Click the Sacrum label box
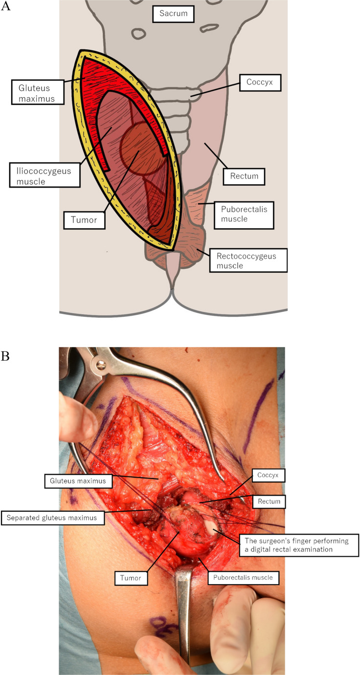[173, 14]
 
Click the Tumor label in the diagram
[84, 220]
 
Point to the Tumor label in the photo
[131, 578]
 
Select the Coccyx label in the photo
[268, 475]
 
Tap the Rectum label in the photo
[268, 501]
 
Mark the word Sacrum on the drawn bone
[173, 14]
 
